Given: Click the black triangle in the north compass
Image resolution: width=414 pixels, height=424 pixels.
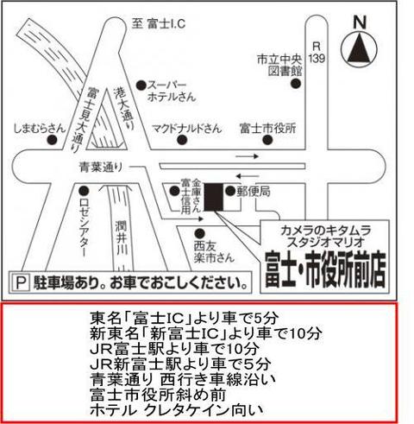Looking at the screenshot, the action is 359,49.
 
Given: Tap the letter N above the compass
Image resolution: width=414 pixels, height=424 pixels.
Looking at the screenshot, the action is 360,22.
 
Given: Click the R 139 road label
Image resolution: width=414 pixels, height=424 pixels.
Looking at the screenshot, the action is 317,53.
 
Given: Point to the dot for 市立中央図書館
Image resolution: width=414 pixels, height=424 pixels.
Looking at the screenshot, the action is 296,84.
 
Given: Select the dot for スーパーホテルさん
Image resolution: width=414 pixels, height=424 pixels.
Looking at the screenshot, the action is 141,85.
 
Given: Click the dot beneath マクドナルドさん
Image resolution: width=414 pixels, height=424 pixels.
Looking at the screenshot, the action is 182,140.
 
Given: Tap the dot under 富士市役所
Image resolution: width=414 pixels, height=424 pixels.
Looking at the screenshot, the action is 267,140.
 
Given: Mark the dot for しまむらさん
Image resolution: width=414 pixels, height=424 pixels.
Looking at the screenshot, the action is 52,140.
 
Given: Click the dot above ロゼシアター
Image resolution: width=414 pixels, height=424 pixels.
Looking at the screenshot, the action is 84,190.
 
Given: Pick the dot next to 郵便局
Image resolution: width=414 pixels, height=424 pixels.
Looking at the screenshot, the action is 230,191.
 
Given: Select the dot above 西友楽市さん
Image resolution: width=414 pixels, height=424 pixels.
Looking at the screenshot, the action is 199,233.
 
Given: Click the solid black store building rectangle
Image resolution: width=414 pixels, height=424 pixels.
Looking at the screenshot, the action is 214,197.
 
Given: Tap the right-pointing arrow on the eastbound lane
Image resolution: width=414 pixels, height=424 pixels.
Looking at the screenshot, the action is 248,156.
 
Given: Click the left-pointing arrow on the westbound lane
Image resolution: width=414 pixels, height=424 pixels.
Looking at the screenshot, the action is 248,176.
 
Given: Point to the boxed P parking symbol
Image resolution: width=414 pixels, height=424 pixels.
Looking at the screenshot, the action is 22,283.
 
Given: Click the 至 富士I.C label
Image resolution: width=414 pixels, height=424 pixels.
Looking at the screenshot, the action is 159,23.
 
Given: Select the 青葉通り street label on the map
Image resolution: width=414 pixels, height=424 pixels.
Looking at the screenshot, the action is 101,168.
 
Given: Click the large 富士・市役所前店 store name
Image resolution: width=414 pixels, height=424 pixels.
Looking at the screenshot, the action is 325,270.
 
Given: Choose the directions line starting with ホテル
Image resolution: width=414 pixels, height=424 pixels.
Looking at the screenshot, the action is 177,410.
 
